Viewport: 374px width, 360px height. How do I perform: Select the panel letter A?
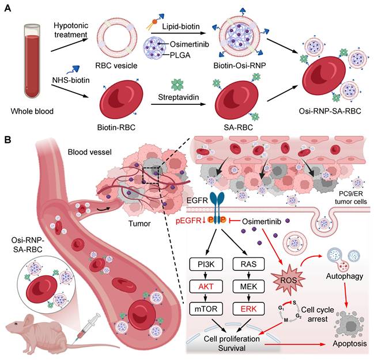(x=7, y=8)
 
